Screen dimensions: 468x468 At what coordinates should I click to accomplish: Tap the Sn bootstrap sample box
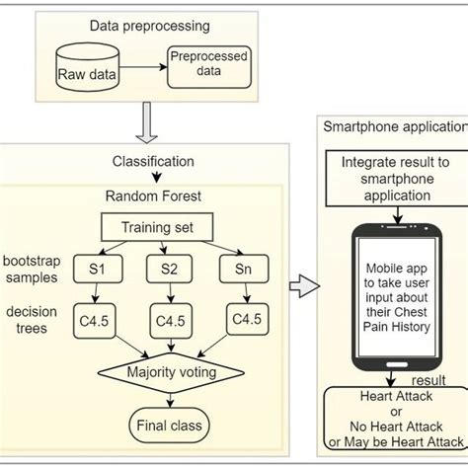pyautogui.click(x=242, y=269)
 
